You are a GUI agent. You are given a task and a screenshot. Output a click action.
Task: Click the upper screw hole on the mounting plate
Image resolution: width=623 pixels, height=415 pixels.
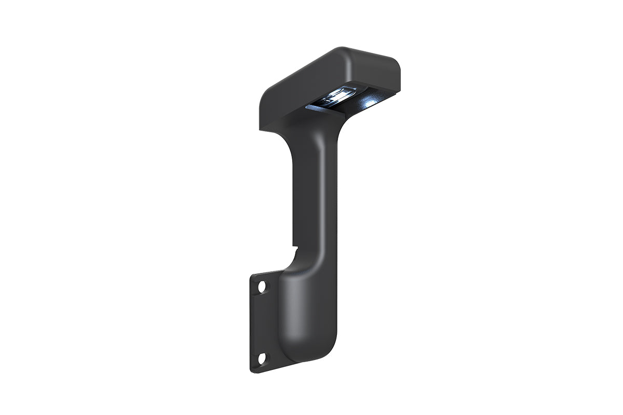point(262,286)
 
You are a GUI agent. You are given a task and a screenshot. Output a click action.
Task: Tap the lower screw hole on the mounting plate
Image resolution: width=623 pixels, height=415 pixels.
point(262,357)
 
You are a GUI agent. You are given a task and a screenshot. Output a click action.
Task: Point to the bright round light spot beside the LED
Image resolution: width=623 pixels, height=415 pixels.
point(372,102)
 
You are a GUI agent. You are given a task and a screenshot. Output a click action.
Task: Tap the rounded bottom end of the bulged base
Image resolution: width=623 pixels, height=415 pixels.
point(306,358)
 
